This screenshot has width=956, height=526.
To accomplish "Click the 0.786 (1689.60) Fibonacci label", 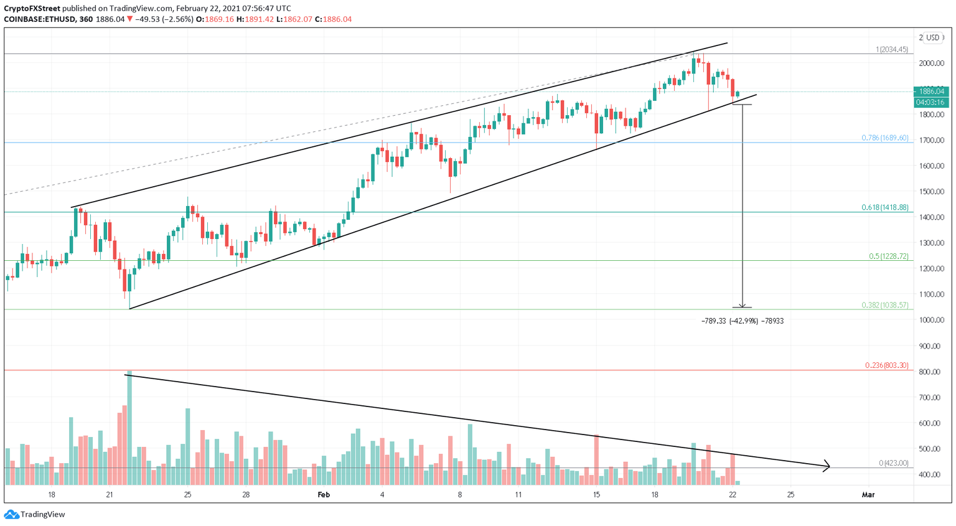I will click(x=884, y=138).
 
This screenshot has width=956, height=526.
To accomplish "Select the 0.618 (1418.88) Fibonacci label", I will click(x=884, y=207).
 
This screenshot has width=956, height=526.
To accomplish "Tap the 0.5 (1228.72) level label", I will click(x=888, y=256).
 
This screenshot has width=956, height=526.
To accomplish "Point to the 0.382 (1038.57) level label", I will click(x=884, y=306).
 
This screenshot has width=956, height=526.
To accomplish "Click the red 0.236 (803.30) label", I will click(x=886, y=365).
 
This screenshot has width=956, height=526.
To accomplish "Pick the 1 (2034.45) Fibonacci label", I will click(x=892, y=50).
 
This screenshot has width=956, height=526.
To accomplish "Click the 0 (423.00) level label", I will click(x=893, y=463).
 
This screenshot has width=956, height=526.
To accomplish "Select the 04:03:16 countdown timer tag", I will click(x=930, y=102).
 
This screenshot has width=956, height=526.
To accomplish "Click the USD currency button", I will click(x=932, y=38).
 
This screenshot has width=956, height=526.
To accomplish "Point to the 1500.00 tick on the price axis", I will click(x=932, y=192).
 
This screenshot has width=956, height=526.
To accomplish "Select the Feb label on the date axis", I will click(x=324, y=495).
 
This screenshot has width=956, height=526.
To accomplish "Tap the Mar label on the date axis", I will click(x=868, y=495).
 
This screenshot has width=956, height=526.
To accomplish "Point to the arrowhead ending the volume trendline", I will click(x=827, y=466).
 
